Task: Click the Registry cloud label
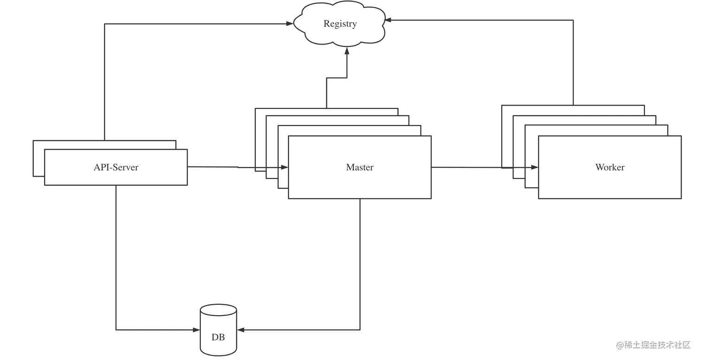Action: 340,24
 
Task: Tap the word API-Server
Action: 116,167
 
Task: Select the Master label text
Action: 359,167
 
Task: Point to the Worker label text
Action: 610,167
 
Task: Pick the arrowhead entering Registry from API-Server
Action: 290,24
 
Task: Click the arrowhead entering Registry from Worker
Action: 388,20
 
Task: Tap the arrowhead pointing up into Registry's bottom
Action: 346,50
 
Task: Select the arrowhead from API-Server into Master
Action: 284,167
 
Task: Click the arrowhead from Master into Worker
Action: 534,167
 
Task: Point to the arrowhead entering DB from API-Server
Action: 196,330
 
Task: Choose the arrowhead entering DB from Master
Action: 241,330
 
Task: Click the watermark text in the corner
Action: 653,345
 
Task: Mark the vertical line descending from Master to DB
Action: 360,264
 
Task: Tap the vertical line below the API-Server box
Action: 116,255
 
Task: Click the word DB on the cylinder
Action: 218,337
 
